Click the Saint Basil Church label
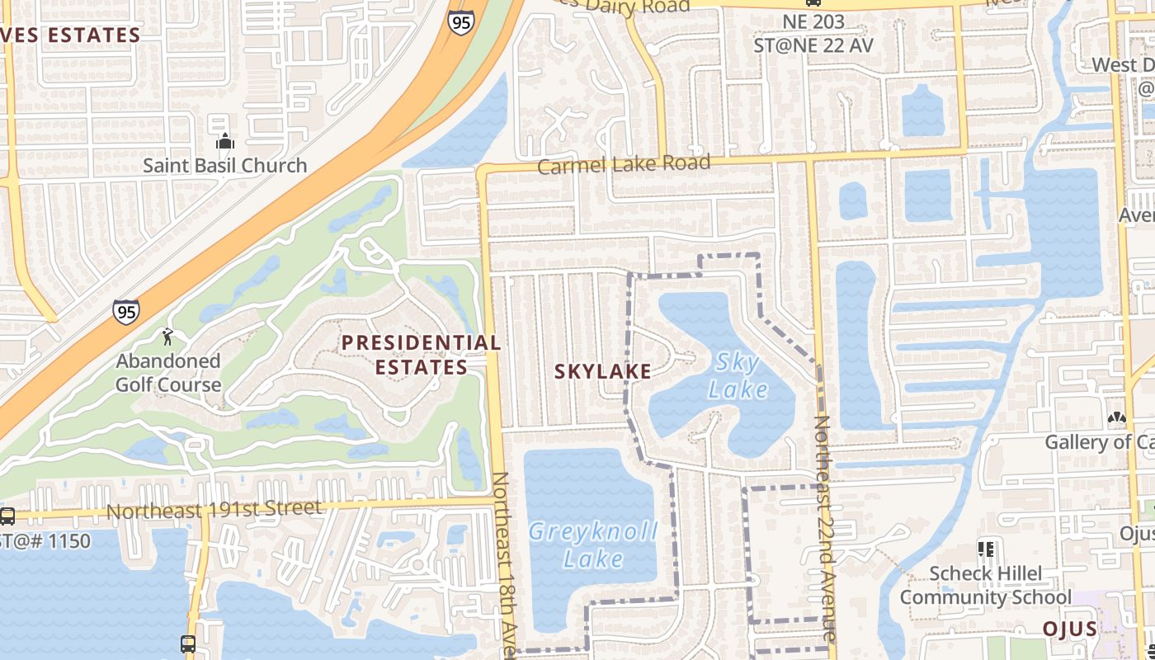click(224, 165)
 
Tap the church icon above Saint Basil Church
click(224, 142)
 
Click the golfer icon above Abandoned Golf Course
click(168, 337)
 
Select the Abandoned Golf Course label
click(168, 373)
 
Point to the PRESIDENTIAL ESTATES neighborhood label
click(421, 355)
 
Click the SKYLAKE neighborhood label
click(602, 372)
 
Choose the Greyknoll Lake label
click(593, 545)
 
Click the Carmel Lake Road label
click(624, 164)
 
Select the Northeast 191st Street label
click(214, 509)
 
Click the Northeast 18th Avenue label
click(504, 565)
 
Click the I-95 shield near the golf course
click(126, 312)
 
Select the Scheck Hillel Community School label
click(985, 585)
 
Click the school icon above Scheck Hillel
click(985, 549)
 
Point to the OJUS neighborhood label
click(1069, 629)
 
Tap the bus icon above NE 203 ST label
click(813, 3)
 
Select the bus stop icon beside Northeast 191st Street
click(7, 516)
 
